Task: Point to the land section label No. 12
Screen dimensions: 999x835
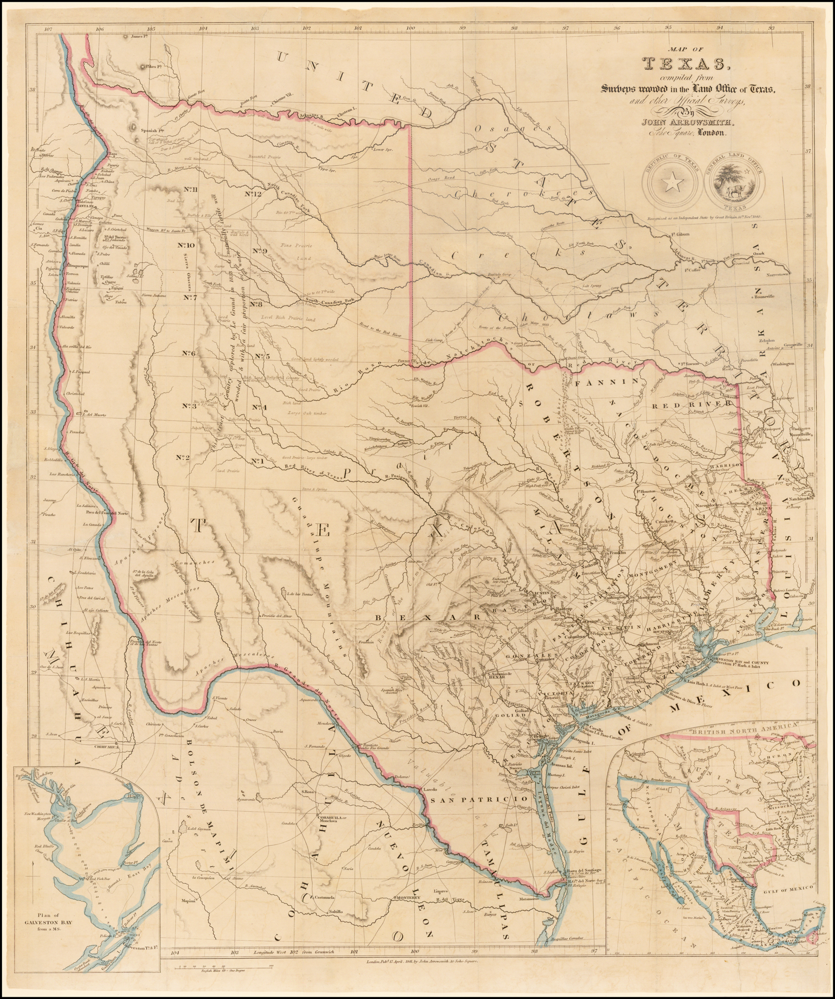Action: [254, 194]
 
